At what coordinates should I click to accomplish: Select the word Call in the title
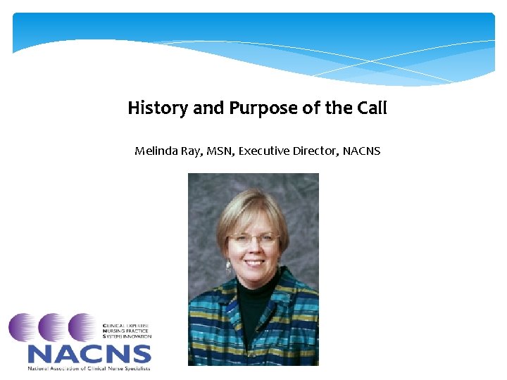tap(373, 108)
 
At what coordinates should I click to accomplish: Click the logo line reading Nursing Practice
tap(127, 331)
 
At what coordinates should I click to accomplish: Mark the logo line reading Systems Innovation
tap(127, 337)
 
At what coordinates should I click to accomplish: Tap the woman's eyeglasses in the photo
tap(253, 239)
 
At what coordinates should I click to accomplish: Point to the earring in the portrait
tap(229, 267)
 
